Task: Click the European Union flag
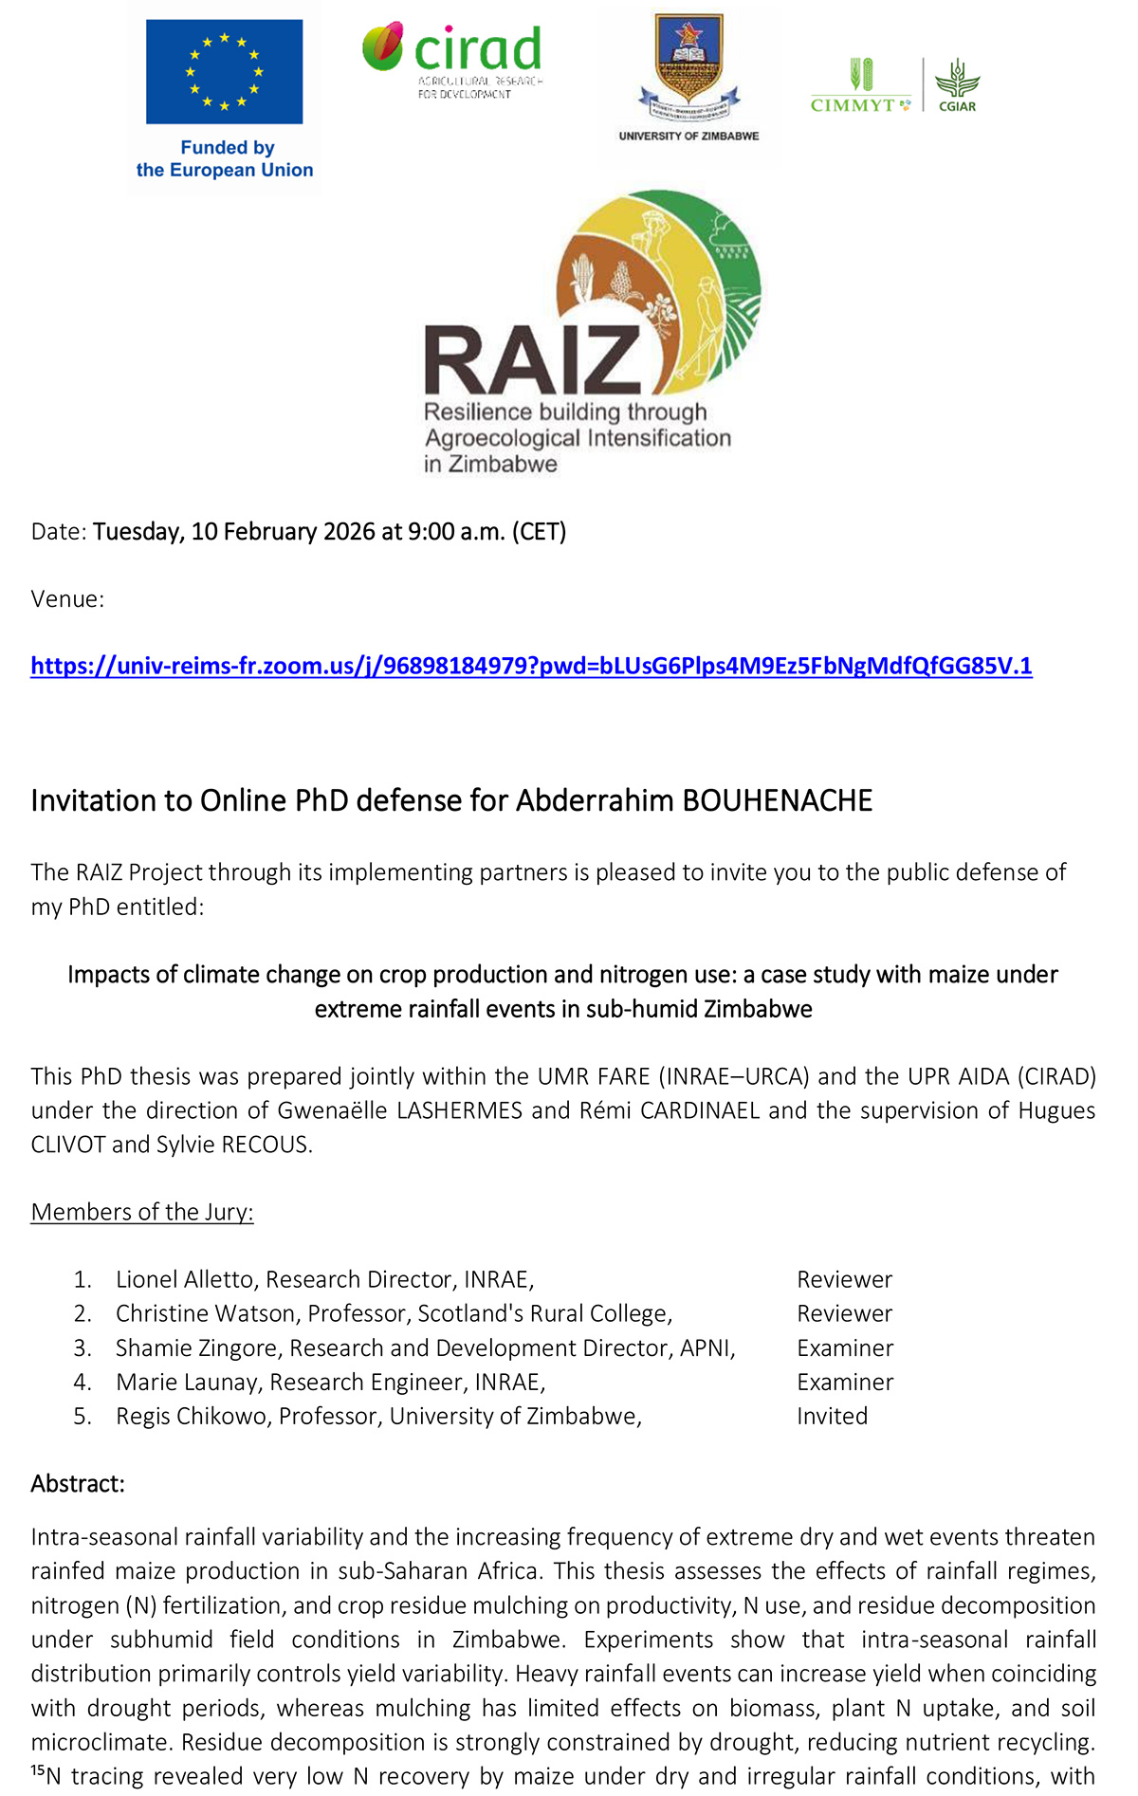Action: tap(224, 72)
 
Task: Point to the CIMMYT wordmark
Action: tap(853, 105)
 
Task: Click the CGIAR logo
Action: tap(956, 85)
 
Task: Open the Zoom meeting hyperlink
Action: tap(531, 666)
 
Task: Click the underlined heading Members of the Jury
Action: tap(142, 1212)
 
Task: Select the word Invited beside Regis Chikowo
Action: tap(832, 1416)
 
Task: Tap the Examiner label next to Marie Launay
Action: tap(844, 1382)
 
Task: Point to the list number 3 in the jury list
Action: tap(82, 1347)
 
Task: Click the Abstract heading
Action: tap(78, 1483)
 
